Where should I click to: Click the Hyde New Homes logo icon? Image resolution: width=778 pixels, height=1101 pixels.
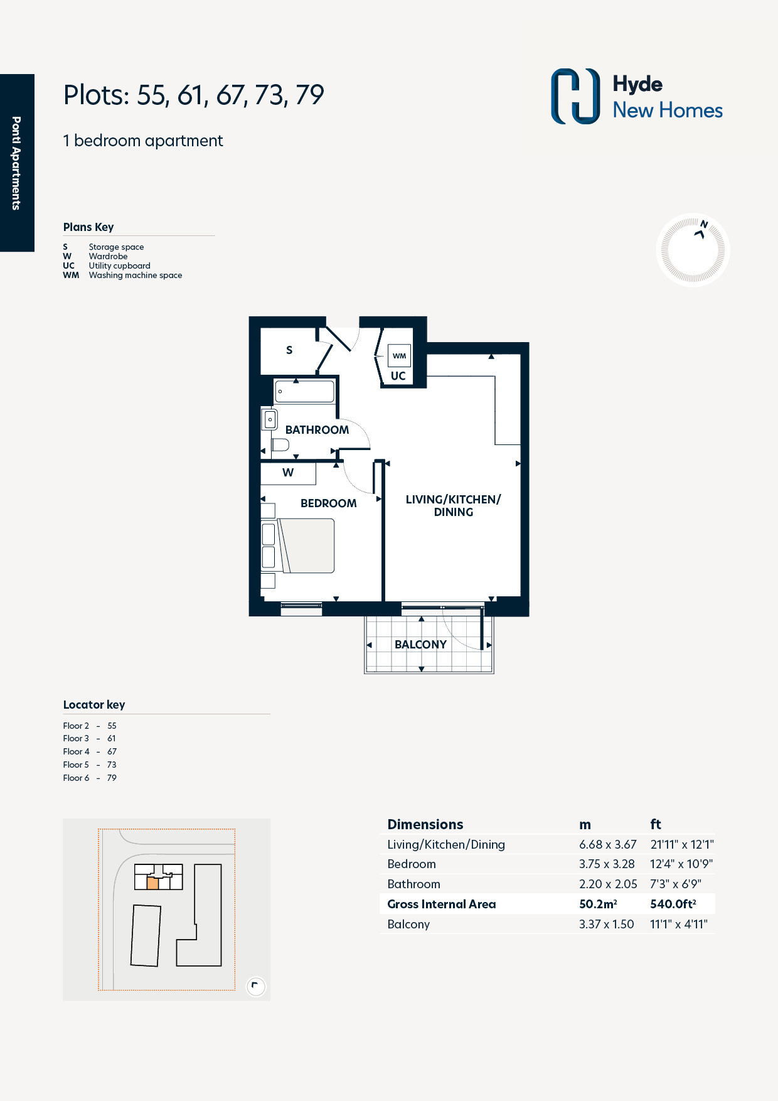click(575, 96)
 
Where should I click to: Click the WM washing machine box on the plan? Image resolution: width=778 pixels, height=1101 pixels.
click(399, 355)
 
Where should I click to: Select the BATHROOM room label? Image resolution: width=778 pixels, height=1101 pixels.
click(317, 430)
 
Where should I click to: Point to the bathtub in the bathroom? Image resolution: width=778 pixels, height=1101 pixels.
click(304, 391)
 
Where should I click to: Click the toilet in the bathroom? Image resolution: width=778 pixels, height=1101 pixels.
click(280, 445)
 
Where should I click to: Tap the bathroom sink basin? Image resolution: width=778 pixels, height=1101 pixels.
click(270, 419)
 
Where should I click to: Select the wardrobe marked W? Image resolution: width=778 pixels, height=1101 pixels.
click(288, 473)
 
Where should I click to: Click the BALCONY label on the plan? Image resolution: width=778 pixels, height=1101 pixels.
click(420, 645)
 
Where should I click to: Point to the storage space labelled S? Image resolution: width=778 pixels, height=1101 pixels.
click(289, 350)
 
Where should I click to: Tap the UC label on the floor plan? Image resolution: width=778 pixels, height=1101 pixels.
click(398, 376)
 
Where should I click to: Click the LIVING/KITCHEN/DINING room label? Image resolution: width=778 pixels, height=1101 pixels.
click(453, 505)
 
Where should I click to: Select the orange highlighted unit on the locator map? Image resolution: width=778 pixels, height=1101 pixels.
click(152, 883)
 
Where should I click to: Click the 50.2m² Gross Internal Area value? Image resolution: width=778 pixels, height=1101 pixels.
click(598, 904)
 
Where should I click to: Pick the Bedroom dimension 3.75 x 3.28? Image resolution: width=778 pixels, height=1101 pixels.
click(607, 864)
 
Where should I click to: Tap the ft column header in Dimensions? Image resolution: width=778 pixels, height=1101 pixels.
click(656, 824)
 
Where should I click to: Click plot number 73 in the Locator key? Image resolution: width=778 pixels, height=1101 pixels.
click(112, 765)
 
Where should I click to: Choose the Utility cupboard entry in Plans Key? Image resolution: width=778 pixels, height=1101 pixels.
click(119, 266)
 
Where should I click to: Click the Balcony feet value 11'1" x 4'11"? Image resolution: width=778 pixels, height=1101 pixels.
click(679, 924)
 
